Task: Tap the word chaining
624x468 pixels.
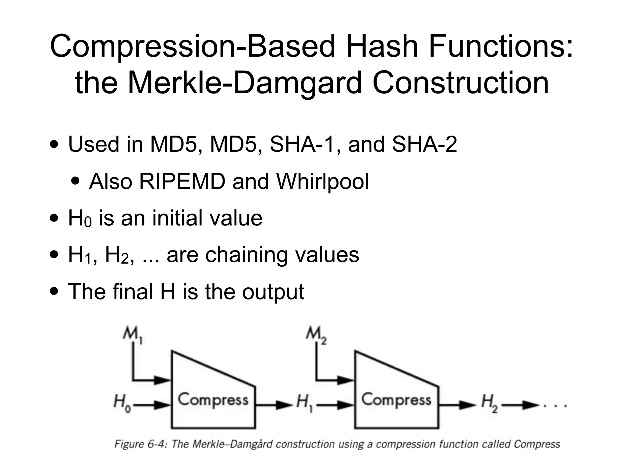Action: pos(246,255)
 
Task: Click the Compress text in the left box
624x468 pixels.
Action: pos(213,400)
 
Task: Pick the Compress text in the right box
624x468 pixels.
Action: pos(396,400)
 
